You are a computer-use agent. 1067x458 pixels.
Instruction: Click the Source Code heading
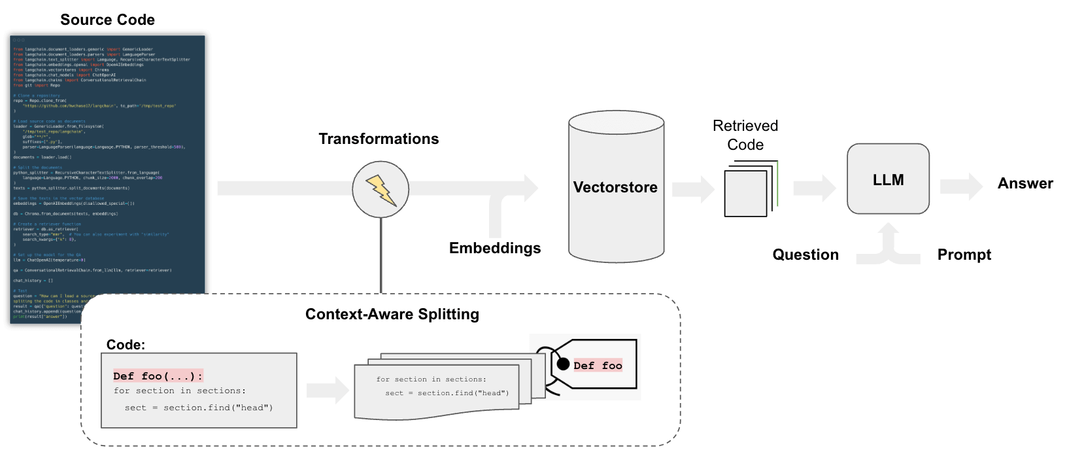[x=107, y=20]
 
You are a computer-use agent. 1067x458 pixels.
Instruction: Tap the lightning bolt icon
[x=381, y=190]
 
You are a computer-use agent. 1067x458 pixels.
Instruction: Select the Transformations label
[x=379, y=139]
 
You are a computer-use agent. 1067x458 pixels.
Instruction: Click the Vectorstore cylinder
[x=616, y=187]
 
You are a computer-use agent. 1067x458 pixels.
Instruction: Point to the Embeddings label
[x=495, y=248]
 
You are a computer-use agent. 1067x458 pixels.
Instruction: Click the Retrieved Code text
[x=745, y=135]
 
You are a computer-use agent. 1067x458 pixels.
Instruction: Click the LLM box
[x=888, y=179]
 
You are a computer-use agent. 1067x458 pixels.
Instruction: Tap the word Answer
[x=1025, y=183]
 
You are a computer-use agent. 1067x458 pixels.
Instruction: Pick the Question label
[x=805, y=255]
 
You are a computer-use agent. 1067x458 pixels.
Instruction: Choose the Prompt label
[x=964, y=255]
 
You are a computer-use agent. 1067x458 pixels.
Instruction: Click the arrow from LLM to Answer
[x=961, y=186]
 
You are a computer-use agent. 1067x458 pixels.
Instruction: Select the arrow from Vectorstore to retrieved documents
[x=693, y=189]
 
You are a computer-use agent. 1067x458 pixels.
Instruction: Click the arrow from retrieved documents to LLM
[x=814, y=188]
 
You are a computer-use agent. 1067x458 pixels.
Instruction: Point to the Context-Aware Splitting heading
[x=392, y=314]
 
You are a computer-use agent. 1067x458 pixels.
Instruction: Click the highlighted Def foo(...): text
[x=158, y=376]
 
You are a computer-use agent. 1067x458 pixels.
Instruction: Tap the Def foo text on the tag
[x=598, y=366]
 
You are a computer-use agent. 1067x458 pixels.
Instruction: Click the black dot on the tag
[x=563, y=364]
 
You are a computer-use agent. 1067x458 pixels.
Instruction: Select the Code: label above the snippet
[x=126, y=345]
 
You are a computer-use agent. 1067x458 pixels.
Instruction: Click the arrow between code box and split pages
[x=328, y=391]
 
